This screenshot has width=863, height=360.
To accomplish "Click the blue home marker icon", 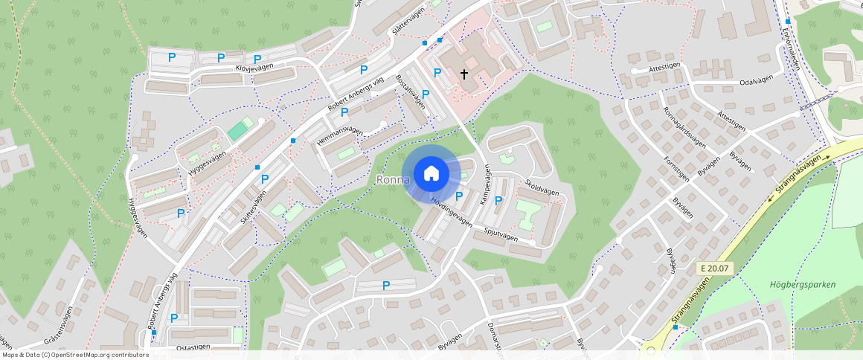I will pyautogui.click(x=430, y=173).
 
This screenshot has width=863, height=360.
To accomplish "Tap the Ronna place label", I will pyautogui.click(x=394, y=180).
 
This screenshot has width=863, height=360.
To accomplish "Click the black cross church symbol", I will pyautogui.click(x=465, y=74).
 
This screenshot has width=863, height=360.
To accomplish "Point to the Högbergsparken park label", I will pyautogui.click(x=803, y=284).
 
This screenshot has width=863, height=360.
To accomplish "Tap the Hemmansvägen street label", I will pyautogui.click(x=340, y=136).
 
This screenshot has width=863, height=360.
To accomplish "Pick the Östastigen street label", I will pyautogui.click(x=193, y=347).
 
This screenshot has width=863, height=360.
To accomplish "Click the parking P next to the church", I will pyautogui.click(x=437, y=72).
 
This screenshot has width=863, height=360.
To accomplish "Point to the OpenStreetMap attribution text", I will pyautogui.click(x=74, y=355).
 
